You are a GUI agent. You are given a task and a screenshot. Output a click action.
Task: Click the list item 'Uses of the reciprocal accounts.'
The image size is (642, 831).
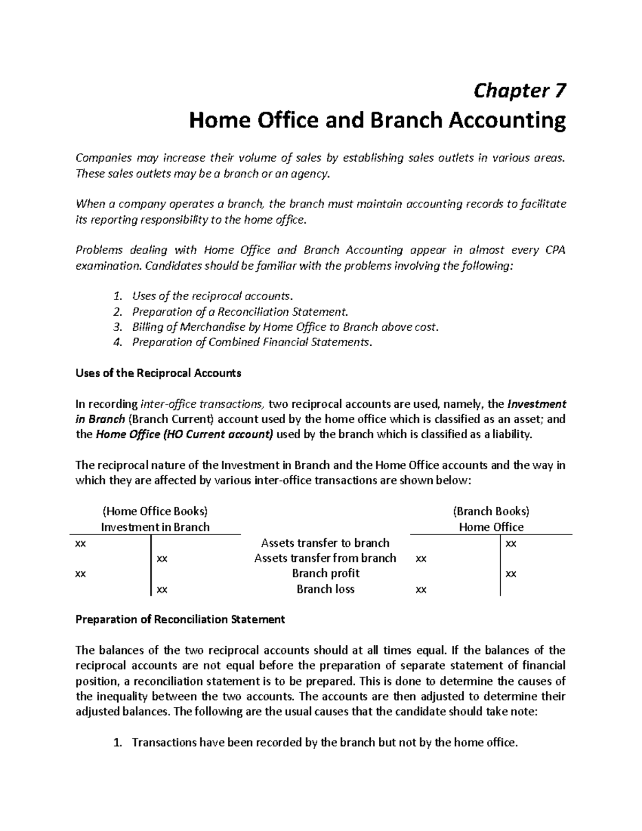pos(213,296)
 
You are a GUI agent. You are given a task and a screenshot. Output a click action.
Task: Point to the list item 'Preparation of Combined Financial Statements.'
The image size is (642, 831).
pos(251,342)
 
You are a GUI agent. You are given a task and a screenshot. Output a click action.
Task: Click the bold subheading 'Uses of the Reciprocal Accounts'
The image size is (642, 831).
pos(158,373)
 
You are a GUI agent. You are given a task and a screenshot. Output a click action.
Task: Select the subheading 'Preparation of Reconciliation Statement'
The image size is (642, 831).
pos(180,620)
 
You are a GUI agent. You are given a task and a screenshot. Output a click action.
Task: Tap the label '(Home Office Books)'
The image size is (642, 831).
pos(155,512)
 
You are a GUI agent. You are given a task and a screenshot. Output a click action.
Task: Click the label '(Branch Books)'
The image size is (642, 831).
pos(491,512)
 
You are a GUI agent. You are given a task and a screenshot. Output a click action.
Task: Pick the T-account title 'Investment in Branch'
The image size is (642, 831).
pos(155,527)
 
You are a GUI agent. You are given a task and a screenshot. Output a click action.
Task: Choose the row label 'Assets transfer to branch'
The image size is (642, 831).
pos(325,543)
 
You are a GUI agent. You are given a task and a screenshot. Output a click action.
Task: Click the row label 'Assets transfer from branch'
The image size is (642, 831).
pos(325,559)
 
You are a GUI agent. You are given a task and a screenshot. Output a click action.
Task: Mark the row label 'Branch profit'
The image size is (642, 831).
pos(325,574)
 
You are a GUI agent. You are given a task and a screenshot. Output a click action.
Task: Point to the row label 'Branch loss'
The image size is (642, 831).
pos(325,590)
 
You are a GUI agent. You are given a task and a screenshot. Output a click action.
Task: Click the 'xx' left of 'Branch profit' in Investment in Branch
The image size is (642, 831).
pos(81,574)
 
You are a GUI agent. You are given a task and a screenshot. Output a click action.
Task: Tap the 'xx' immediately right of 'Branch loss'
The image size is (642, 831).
pos(421,590)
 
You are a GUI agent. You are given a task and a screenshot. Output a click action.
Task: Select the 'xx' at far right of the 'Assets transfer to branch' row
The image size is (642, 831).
pos(511,544)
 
